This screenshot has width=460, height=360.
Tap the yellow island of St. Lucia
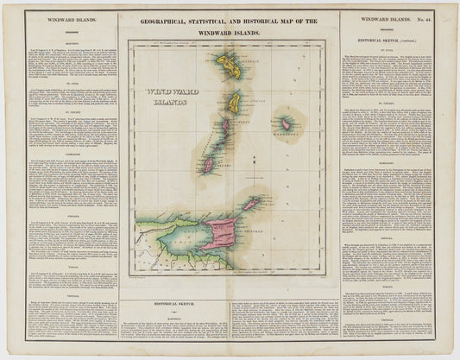tap(234, 103)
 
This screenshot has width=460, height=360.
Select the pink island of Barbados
tap(286, 124)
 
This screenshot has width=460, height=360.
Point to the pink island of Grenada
tap(208, 163)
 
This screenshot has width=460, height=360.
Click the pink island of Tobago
tap(251, 204)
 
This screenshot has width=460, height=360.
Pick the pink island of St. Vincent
tap(225, 127)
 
